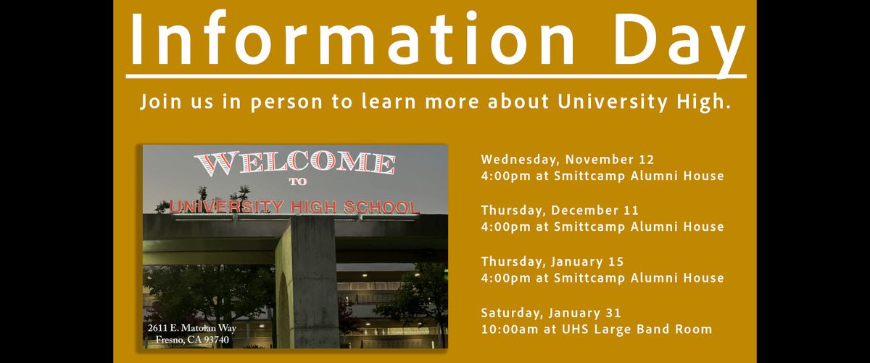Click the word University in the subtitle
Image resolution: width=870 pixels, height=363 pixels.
click(x=612, y=102)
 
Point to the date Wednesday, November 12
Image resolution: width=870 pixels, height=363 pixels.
click(x=568, y=160)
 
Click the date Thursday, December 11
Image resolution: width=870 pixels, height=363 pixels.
click(x=560, y=211)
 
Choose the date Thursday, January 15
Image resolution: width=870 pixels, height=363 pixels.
click(x=552, y=261)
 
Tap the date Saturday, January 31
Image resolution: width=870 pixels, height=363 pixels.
click(x=551, y=313)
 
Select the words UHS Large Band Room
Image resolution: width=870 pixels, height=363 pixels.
click(x=637, y=330)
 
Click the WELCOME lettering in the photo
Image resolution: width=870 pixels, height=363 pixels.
click(x=296, y=163)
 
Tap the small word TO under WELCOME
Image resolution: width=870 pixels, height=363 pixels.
click(x=298, y=181)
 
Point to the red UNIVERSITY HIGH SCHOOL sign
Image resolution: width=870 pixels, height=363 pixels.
click(x=294, y=207)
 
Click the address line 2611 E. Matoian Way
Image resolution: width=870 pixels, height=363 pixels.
click(x=192, y=328)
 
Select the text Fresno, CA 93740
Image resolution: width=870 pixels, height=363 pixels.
click(x=192, y=340)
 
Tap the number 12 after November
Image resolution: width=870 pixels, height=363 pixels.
click(x=647, y=160)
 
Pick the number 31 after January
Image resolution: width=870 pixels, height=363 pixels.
click(x=614, y=313)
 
